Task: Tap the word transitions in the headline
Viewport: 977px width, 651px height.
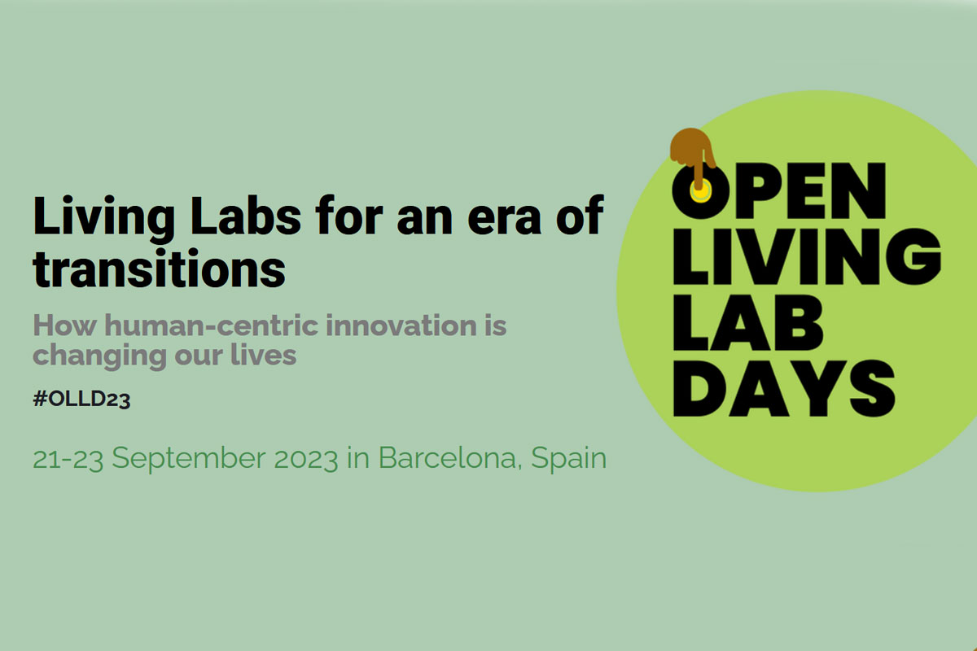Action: tap(160, 268)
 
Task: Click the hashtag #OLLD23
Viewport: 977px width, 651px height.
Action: tap(81, 400)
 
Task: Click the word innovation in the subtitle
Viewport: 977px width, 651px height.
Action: tap(401, 325)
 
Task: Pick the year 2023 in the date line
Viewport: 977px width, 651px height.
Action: tap(306, 459)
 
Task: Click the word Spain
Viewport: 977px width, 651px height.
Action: tap(569, 459)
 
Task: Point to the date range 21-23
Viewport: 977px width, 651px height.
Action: tap(68, 459)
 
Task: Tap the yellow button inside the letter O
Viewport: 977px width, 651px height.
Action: tap(700, 192)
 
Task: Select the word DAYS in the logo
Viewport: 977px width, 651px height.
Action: tap(784, 388)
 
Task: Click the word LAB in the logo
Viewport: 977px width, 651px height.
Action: tap(748, 323)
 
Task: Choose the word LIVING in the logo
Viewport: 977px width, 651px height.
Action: tap(807, 257)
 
